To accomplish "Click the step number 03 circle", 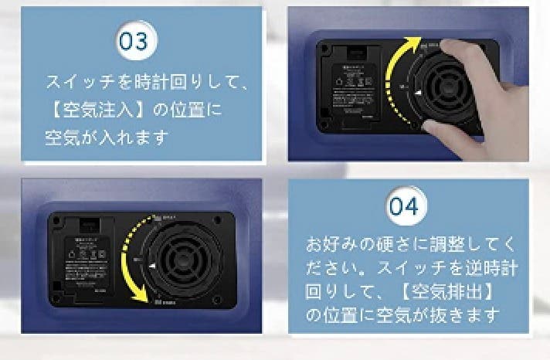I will coord(132,40).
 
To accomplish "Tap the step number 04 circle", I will coord(403,206).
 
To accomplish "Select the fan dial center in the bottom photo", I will coord(189,258).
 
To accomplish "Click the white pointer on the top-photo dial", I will coord(417,93).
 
